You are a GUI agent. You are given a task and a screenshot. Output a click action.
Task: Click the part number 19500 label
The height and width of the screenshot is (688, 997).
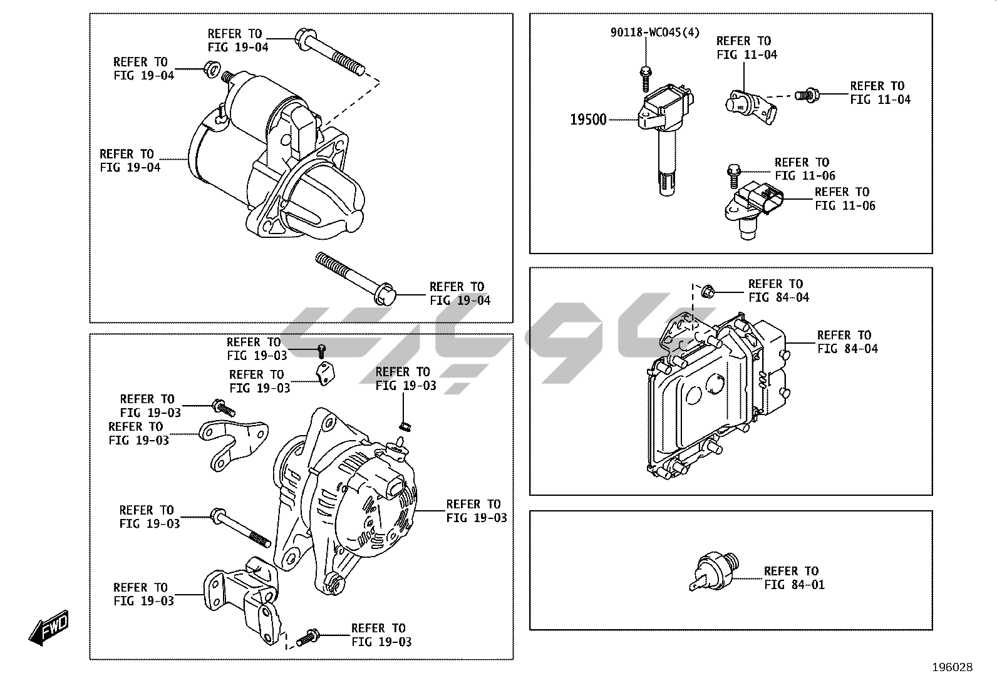point(588,120)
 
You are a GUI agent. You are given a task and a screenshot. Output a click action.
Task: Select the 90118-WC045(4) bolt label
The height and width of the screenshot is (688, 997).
point(654,32)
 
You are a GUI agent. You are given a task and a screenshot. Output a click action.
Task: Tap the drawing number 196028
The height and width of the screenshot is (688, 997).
point(952,667)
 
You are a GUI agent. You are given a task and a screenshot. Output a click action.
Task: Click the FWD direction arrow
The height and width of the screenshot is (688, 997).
point(48,628)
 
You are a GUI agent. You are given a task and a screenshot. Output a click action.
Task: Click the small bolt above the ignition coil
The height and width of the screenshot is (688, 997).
point(645,78)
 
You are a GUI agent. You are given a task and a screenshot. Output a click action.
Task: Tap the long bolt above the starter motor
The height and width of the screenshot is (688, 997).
point(331,54)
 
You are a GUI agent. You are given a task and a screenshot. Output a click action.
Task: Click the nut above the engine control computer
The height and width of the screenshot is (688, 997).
point(708,290)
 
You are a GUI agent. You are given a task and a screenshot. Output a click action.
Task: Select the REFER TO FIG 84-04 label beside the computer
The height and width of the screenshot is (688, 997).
point(847,342)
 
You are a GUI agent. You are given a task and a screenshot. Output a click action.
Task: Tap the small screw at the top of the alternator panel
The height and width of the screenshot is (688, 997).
point(322,350)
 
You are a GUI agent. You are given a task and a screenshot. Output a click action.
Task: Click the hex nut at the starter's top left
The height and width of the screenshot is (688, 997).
point(211,68)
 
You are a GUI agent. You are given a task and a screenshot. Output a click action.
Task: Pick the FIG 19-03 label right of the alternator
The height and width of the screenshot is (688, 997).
point(476,511)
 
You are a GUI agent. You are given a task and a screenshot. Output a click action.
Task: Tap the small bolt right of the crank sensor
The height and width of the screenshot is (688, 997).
point(806,95)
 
